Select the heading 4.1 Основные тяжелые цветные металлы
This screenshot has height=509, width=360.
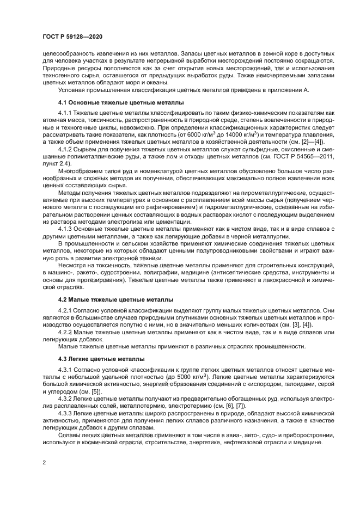click(x=121, y=102)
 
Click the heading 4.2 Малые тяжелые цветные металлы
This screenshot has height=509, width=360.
click(x=116, y=299)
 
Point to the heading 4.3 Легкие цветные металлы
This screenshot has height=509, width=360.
click(x=101, y=359)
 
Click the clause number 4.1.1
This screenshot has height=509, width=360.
click(x=66, y=113)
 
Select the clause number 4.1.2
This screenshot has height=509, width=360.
click(x=66, y=148)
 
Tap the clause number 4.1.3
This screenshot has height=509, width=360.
click(x=66, y=228)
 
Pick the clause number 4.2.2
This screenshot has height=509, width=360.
click(x=66, y=332)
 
